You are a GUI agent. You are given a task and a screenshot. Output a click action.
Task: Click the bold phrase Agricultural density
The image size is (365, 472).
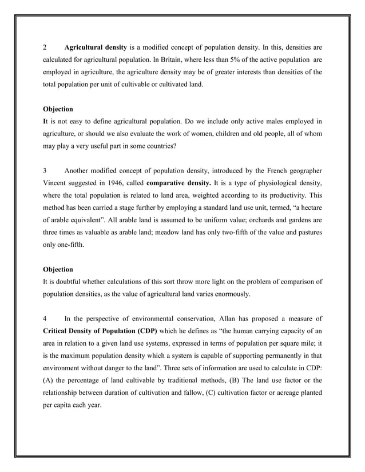[x=96, y=46]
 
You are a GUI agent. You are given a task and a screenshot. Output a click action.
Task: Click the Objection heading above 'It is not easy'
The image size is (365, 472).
[x=58, y=109]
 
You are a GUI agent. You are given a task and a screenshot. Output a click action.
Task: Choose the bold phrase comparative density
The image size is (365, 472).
[x=177, y=183]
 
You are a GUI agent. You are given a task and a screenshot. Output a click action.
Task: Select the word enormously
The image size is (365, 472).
[x=241, y=294]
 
